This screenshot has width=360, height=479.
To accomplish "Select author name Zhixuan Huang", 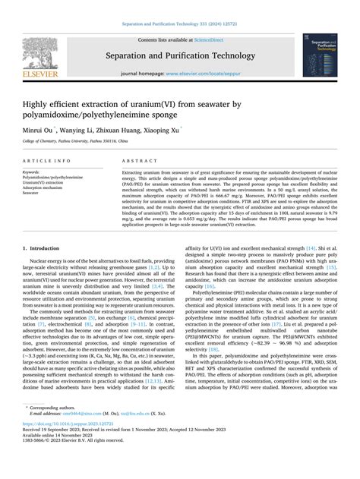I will (115, 129).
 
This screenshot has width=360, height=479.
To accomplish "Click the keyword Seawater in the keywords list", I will (30, 193).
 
